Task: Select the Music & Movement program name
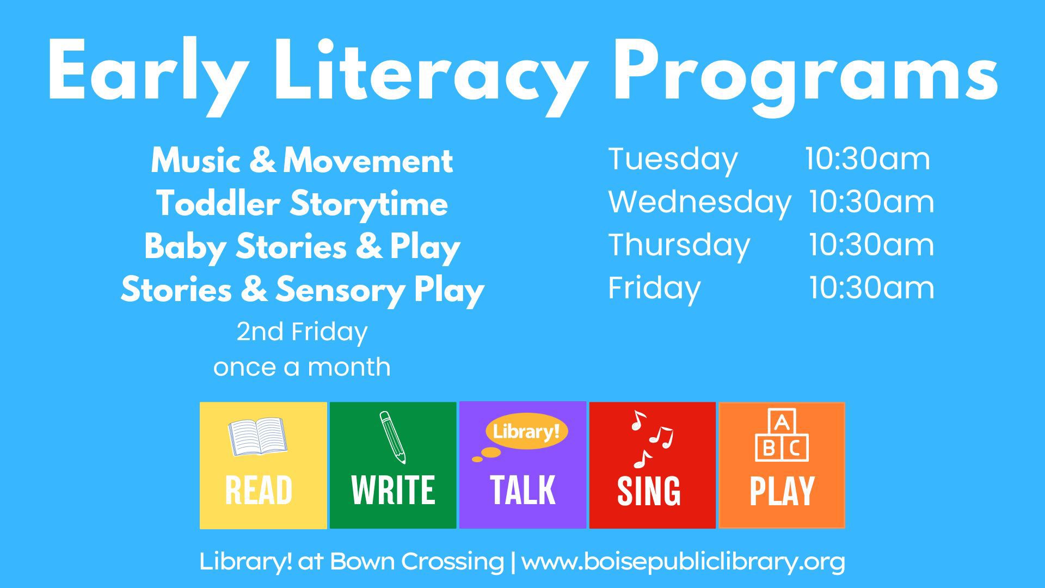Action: (302, 161)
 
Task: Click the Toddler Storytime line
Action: (302, 204)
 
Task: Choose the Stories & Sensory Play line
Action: (302, 290)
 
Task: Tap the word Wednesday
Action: (699, 202)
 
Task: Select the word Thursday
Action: (679, 246)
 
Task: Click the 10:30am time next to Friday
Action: (871, 287)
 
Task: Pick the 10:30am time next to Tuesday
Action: (868, 158)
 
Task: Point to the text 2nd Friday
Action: (302, 332)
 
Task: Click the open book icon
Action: (258, 436)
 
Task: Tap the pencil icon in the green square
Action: (392, 437)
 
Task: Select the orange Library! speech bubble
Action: (526, 432)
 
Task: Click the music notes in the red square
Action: (651, 439)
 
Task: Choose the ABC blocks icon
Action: (782, 435)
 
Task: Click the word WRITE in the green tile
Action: (393, 490)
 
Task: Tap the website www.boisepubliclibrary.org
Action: (683, 562)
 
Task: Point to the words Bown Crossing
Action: (416, 562)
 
